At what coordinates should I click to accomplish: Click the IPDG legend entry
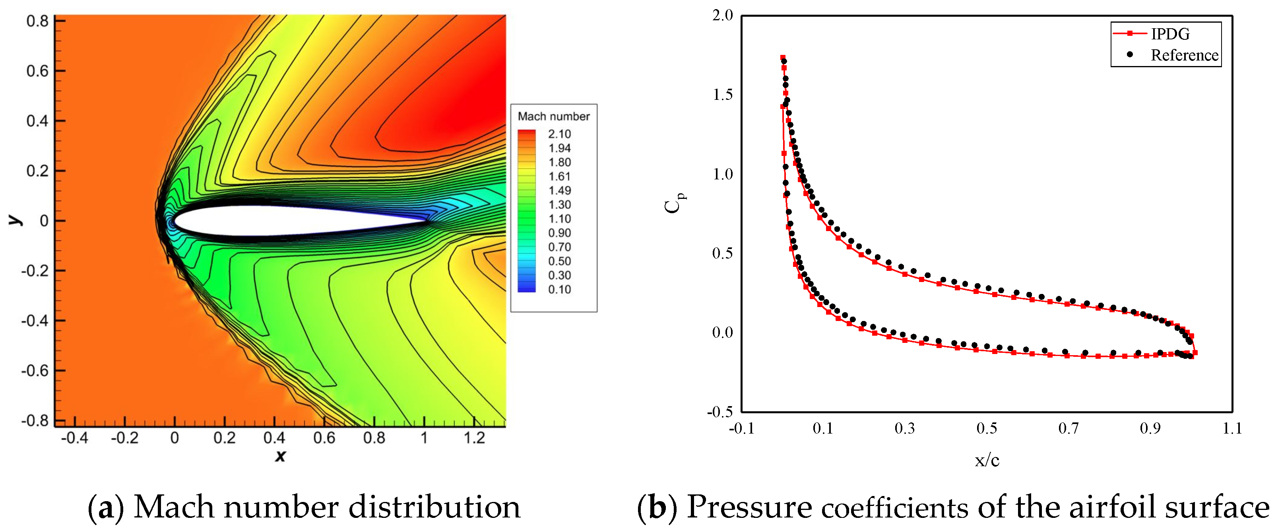(x=1169, y=34)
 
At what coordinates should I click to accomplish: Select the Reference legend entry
(x=1184, y=55)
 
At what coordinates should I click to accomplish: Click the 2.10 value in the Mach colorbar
(x=559, y=134)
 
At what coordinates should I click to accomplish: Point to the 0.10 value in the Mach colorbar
(x=559, y=289)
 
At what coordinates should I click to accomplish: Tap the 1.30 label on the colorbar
(x=559, y=204)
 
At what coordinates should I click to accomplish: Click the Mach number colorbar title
(x=553, y=116)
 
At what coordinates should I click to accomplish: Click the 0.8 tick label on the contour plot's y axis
(x=37, y=21)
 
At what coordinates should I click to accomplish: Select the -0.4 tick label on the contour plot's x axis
(x=74, y=438)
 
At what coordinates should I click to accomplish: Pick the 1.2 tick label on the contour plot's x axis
(x=474, y=438)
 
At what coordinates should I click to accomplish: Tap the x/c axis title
(x=986, y=460)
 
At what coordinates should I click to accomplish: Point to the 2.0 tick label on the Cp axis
(x=722, y=16)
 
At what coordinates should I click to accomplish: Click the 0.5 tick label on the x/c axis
(x=986, y=428)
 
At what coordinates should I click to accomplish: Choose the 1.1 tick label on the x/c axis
(x=1232, y=428)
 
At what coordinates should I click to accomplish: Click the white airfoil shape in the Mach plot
(x=298, y=221)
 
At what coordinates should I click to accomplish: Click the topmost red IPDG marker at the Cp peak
(x=782, y=58)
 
